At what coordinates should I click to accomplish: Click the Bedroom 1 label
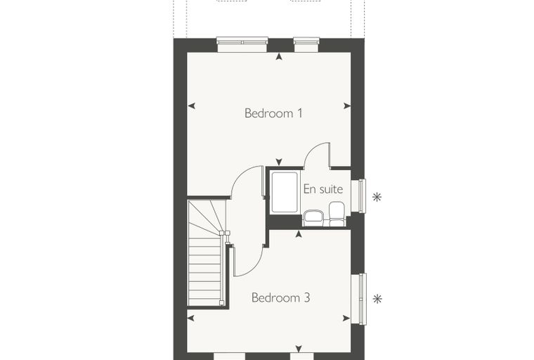point(273,112)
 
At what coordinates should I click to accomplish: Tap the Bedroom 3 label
point(280,297)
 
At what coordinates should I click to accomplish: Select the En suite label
point(323,189)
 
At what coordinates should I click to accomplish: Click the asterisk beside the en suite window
point(377,197)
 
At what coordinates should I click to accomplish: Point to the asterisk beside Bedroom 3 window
point(377,299)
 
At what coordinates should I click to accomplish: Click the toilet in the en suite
point(337,214)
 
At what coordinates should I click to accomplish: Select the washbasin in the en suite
point(313,218)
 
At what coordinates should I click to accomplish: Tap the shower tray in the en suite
point(285,192)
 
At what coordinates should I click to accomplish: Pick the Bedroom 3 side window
point(359,299)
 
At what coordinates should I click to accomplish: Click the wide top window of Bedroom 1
point(242,44)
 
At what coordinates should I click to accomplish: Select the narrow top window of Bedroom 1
point(307,44)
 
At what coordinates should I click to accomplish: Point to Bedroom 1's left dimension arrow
point(192,106)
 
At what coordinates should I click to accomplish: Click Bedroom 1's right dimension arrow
point(347,106)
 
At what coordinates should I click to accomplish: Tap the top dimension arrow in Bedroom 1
point(279,56)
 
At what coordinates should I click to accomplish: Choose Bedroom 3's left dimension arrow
point(191,318)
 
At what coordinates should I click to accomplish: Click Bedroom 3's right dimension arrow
point(346,318)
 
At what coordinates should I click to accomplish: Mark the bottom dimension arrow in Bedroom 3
point(299,349)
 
